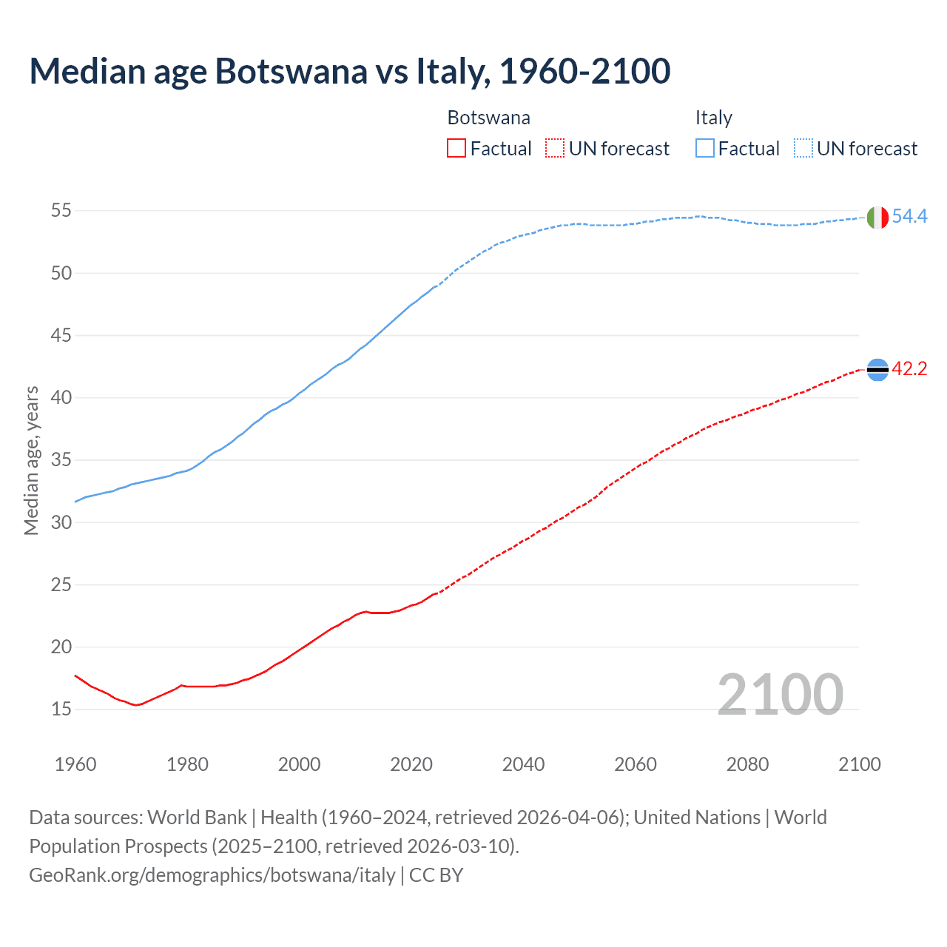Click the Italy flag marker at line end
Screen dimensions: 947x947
[x=877, y=218]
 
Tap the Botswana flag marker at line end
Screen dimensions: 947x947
[x=877, y=369]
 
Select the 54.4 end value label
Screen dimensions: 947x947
[x=909, y=216]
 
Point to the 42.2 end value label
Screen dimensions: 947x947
[x=909, y=368]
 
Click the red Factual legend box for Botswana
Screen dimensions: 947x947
[x=456, y=149]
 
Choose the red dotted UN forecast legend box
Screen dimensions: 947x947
[x=555, y=149]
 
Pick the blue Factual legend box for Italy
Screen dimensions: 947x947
[x=705, y=149]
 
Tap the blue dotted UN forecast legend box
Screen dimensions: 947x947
[x=803, y=149]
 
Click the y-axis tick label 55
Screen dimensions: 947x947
[x=61, y=211]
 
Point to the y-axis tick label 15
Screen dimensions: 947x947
[x=61, y=710]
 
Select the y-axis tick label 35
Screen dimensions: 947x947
[x=61, y=460]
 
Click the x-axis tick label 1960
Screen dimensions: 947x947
[x=75, y=764]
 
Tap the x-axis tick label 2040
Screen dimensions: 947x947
[x=523, y=764]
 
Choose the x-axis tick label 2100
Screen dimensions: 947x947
[x=860, y=764]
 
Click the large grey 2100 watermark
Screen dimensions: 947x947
[x=780, y=694]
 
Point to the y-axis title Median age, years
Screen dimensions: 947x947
[x=31, y=460]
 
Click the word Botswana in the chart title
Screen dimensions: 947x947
[x=291, y=71]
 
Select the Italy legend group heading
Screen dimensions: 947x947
[x=713, y=118]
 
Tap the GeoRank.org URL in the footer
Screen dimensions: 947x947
[x=212, y=875]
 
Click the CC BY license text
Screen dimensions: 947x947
[x=437, y=875]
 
